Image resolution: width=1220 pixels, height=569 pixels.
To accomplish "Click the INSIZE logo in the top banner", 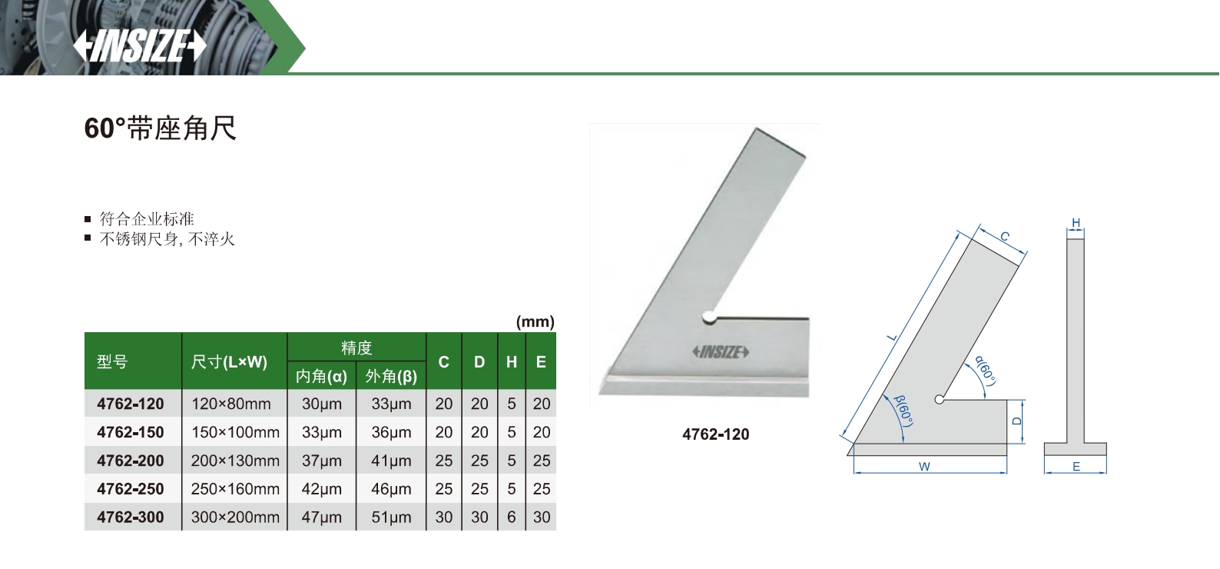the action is [140, 45].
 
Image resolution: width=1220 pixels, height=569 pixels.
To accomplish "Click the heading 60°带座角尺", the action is [160, 128].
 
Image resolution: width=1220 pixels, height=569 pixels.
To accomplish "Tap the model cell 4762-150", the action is [130, 432].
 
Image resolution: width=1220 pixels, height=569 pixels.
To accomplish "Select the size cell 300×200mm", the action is [235, 517].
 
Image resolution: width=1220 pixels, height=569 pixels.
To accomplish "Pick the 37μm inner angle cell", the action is [322, 461].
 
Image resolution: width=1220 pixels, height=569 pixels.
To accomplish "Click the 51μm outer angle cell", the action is [391, 517].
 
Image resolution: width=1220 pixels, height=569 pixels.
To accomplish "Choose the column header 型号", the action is [112, 361].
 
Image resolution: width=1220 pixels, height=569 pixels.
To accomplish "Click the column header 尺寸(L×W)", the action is [229, 362].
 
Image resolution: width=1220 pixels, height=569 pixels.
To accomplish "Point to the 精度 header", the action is [356, 348].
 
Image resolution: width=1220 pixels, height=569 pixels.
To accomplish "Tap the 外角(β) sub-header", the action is [391, 377].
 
